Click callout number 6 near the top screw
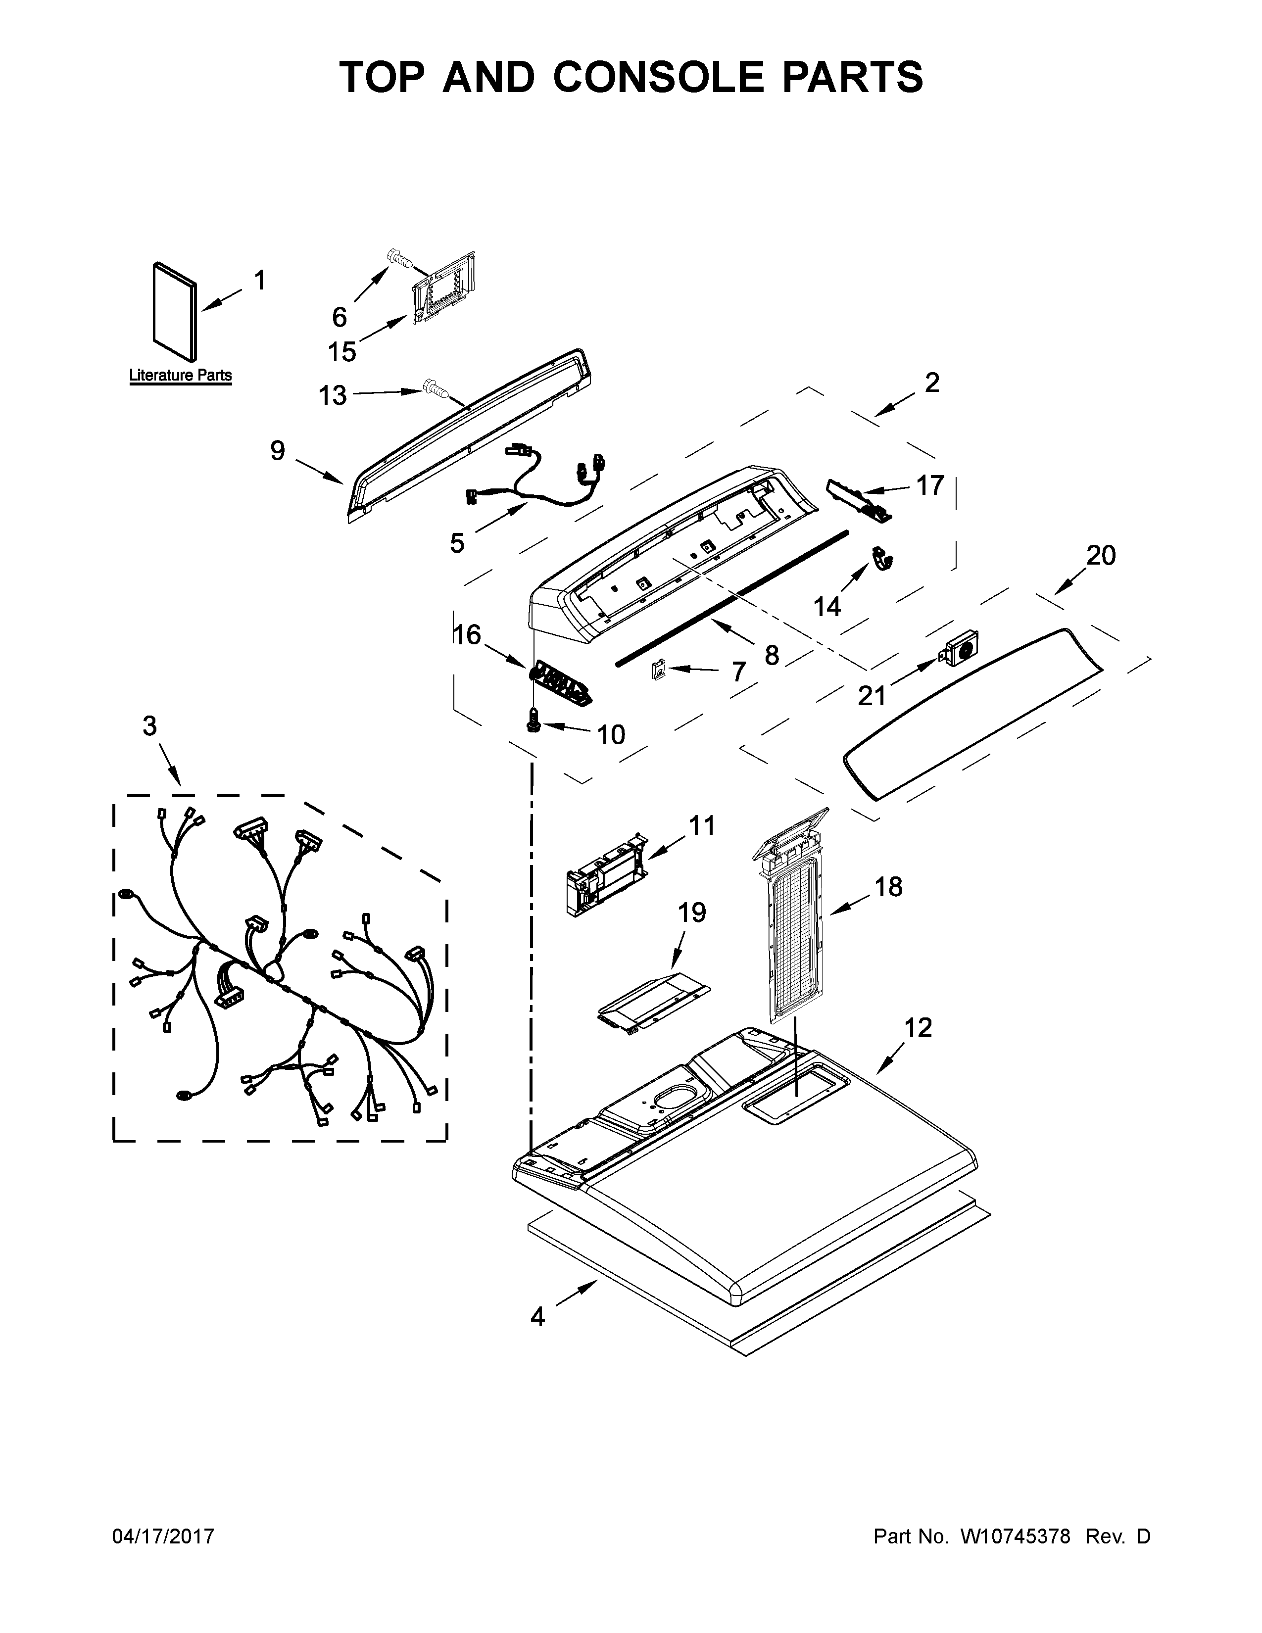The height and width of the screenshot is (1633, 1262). [340, 317]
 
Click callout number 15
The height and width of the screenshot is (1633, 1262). [342, 351]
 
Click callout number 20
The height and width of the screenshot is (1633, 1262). [1101, 556]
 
